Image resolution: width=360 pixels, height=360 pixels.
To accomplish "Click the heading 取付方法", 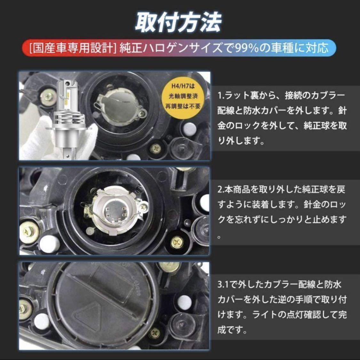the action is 178,22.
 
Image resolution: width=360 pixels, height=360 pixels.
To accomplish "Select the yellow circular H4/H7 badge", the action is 183,96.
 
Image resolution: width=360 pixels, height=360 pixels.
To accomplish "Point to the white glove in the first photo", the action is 57,140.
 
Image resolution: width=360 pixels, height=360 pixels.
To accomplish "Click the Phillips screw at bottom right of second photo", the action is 177,242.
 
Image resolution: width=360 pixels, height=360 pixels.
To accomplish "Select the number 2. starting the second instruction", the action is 221,190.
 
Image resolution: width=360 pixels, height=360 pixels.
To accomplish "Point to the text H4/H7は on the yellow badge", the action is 183,86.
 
